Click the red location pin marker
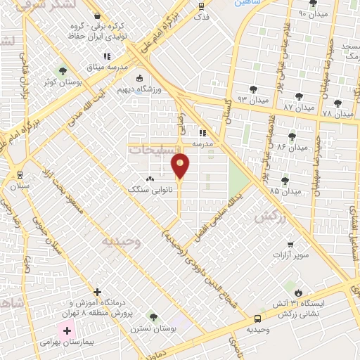pos(181,166)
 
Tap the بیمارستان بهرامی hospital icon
pos(67,330)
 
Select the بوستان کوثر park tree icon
pos(62,70)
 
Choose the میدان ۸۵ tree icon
pos(285,181)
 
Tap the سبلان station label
pos(19,186)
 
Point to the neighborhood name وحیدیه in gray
pos(117,241)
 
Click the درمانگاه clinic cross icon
pos(98,291)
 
